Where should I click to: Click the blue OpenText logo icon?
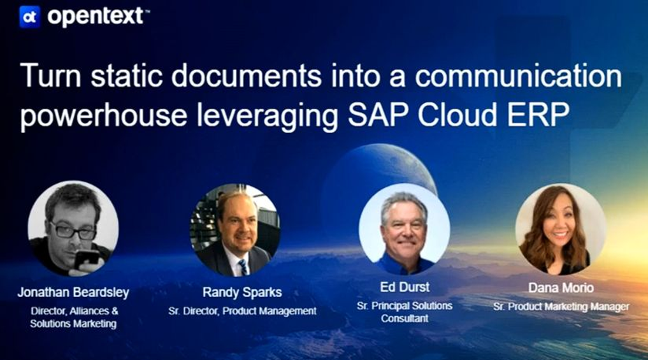[30, 17]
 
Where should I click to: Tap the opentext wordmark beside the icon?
[96, 17]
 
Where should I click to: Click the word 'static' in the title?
[126, 76]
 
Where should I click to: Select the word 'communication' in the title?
[518, 76]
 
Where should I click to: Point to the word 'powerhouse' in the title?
[104, 115]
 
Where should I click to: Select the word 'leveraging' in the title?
[268, 116]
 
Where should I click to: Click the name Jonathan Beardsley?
[73, 292]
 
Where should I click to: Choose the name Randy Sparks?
[242, 292]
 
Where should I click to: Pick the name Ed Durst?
[405, 287]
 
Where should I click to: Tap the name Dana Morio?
[561, 287]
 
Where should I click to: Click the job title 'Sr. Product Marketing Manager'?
[561, 306]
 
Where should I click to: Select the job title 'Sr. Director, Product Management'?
[242, 311]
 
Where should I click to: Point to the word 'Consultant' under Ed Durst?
[405, 319]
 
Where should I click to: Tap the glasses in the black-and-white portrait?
[73, 231]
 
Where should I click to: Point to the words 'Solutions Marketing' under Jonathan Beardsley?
[73, 324]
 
